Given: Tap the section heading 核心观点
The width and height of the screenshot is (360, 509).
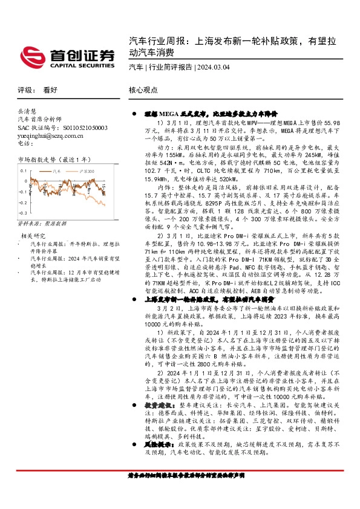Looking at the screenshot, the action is [143, 89].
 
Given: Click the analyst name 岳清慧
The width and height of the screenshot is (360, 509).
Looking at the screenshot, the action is [28, 112].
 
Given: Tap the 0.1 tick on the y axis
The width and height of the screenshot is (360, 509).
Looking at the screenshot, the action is [24, 172].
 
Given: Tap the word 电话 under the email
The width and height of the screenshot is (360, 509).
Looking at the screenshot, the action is [24, 144].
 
